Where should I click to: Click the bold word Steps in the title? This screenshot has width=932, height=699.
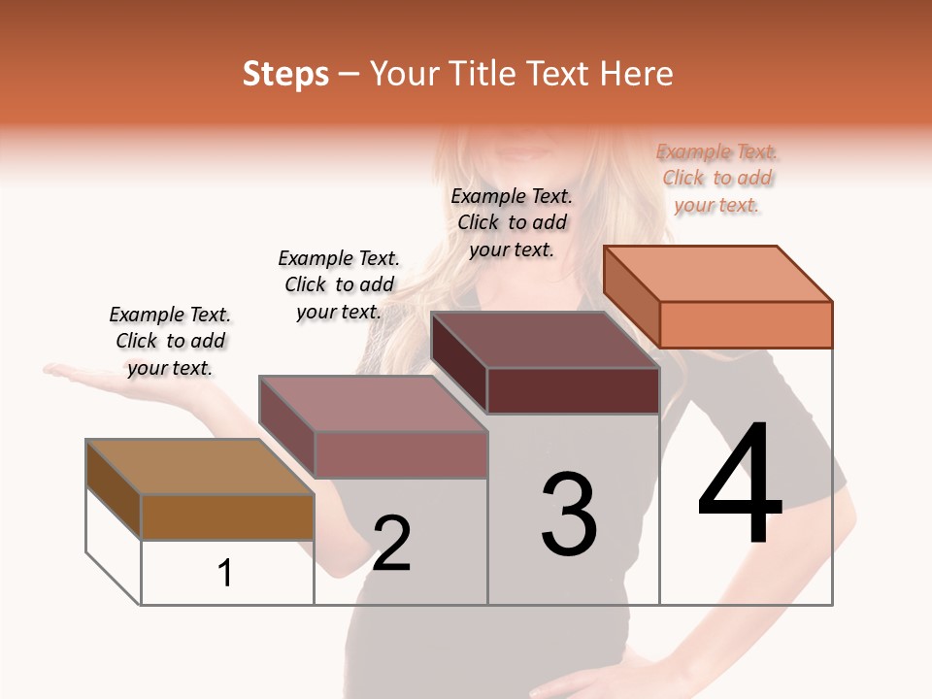(285, 74)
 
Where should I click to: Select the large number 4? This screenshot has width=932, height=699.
(740, 484)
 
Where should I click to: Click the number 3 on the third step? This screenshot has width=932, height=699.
(569, 515)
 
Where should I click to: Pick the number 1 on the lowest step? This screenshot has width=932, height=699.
(225, 574)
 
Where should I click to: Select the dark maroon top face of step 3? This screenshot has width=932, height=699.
(545, 340)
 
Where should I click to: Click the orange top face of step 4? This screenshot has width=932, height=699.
(718, 274)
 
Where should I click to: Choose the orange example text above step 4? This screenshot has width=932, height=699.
(717, 178)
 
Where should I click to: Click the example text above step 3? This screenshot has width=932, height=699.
(512, 222)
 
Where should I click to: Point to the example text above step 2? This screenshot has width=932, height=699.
(339, 284)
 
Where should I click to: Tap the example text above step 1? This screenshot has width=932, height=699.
(170, 341)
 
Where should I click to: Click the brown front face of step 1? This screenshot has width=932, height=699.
(227, 517)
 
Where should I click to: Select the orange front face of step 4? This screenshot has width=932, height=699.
(746, 324)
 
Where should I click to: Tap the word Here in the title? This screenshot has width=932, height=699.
(636, 74)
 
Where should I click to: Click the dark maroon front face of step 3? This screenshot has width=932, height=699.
(573, 390)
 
